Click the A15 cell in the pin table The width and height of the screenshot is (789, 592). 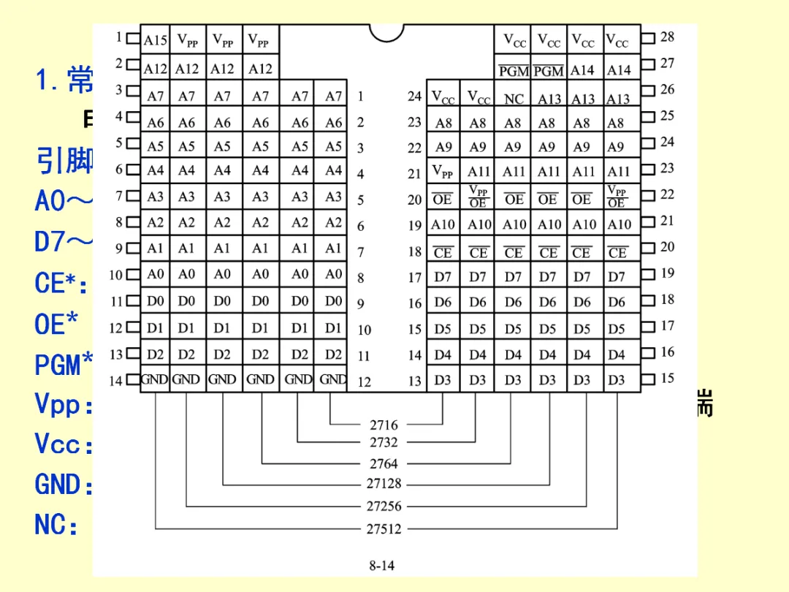[x=155, y=41]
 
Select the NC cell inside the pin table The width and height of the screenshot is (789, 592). [x=514, y=99]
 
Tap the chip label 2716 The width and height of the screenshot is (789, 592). [x=384, y=425]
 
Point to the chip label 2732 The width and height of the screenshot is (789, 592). [x=384, y=442]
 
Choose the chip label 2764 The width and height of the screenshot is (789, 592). [x=384, y=463]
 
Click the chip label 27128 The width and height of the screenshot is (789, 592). [x=384, y=484]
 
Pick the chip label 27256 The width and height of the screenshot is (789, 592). [x=384, y=506]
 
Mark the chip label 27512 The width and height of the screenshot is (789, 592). [x=384, y=529]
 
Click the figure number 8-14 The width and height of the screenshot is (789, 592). [x=382, y=565]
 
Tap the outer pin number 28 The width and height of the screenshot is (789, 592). [x=667, y=37]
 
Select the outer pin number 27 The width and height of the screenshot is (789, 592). [x=667, y=63]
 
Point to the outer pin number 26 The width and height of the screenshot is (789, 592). [x=667, y=89]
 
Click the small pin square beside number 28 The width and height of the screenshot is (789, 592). [x=648, y=37]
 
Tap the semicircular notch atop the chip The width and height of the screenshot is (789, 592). [x=386, y=32]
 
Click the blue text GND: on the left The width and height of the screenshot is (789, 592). [x=64, y=485]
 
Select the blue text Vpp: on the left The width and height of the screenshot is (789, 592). [x=64, y=404]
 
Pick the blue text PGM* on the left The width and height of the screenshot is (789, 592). [x=64, y=364]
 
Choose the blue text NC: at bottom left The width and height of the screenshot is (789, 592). [x=57, y=525]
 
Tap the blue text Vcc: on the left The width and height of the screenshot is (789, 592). [x=64, y=444]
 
